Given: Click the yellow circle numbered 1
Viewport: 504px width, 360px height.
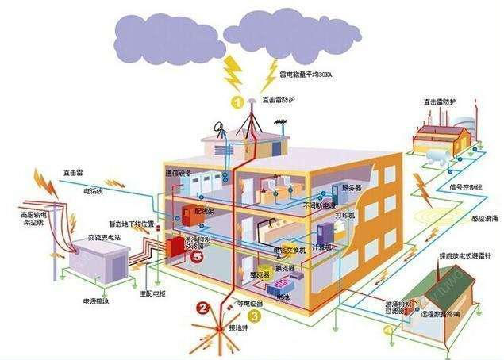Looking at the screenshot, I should point(237,101).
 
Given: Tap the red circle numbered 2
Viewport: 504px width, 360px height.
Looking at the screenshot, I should point(205,308).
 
